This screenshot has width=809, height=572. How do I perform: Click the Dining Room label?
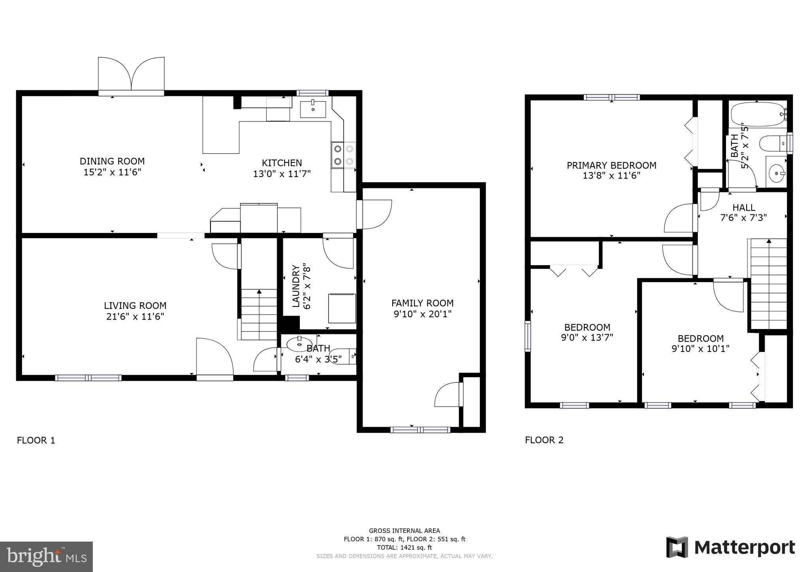click(x=112, y=161)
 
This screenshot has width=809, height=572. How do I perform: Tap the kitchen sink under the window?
click(x=313, y=109)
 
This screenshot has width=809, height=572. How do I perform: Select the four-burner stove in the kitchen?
click(x=343, y=155)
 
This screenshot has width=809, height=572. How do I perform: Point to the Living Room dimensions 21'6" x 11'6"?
click(x=135, y=316)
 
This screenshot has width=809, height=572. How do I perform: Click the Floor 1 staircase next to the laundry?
click(x=259, y=314)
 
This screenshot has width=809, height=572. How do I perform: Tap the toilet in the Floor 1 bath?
click(x=343, y=356)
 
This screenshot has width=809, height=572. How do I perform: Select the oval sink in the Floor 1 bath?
click(x=299, y=344)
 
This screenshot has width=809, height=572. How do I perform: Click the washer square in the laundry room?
click(x=342, y=308)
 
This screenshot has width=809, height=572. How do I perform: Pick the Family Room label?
click(x=422, y=303)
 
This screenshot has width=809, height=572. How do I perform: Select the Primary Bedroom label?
click(x=611, y=166)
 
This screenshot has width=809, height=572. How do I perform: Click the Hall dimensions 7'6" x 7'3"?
click(x=744, y=217)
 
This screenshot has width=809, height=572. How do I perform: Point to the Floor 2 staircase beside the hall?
click(x=768, y=284)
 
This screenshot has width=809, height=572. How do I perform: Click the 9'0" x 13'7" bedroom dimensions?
click(x=587, y=338)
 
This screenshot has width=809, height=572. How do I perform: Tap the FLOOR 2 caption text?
click(x=544, y=440)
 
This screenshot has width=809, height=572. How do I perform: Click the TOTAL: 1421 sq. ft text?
click(x=404, y=548)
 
